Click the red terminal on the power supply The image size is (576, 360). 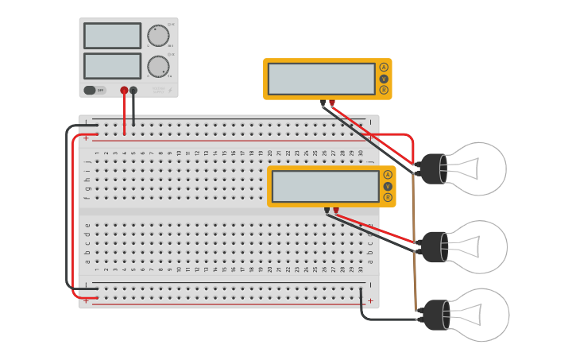click(x=124, y=91)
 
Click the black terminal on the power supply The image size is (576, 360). click(x=133, y=91)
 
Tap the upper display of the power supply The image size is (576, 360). click(x=112, y=36)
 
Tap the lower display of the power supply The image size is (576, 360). click(x=112, y=65)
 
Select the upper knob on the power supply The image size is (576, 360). click(x=158, y=36)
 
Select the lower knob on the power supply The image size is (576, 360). click(x=158, y=66)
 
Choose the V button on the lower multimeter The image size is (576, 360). click(x=388, y=186)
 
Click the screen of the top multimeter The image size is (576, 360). click(x=321, y=79)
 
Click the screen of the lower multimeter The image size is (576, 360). click(x=325, y=187)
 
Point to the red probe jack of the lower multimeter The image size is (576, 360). click(x=335, y=210)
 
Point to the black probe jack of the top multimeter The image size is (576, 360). click(x=323, y=102)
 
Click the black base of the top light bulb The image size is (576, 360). click(x=432, y=168)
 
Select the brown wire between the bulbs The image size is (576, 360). click(x=414, y=238)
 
